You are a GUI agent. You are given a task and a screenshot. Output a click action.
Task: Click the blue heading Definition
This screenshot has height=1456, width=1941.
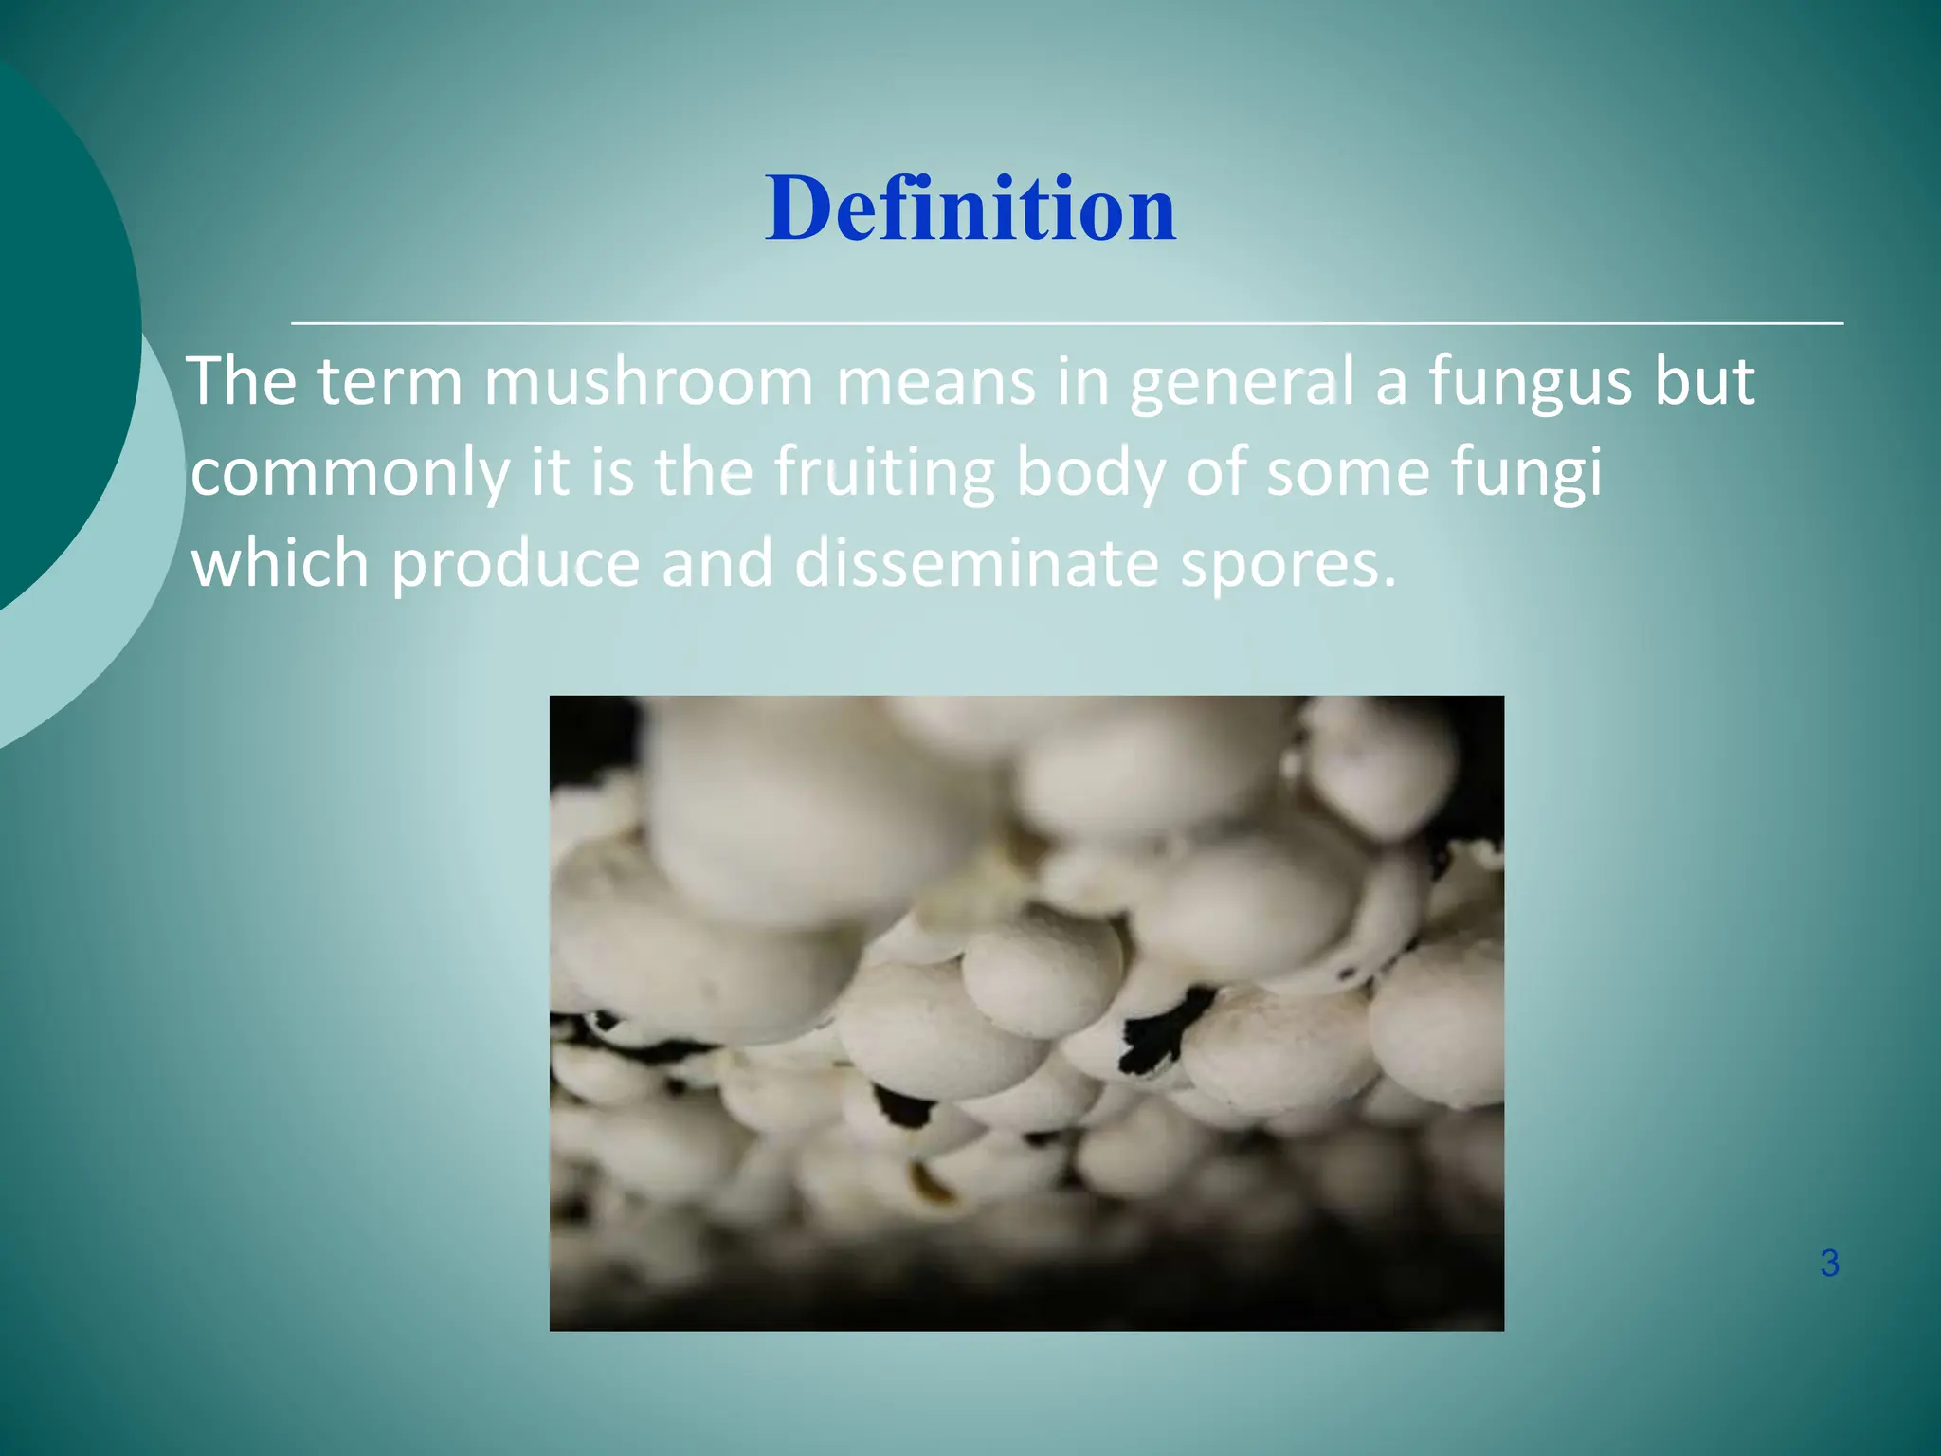970,209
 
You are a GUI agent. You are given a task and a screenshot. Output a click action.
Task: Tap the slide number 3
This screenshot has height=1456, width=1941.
1829,1264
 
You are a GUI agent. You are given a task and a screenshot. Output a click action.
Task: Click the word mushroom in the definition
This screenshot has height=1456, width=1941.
648,382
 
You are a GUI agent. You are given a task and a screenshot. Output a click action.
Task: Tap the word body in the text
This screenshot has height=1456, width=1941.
1090,472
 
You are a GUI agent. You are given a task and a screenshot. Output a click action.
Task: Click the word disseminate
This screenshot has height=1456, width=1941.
976,563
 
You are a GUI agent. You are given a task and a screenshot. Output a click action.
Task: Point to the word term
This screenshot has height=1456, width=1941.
390,382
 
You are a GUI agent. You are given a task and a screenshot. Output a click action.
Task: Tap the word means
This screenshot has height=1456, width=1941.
935,382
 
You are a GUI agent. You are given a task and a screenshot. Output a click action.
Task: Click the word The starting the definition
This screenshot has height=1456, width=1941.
242,382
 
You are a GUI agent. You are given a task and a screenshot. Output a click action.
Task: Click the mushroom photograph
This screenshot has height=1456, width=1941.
1026,1012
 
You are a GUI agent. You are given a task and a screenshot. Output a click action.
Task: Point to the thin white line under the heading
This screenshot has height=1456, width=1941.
1067,323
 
